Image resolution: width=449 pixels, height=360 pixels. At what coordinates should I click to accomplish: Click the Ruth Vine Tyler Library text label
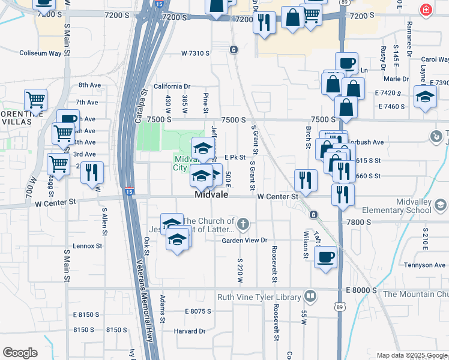click(x=259, y=296)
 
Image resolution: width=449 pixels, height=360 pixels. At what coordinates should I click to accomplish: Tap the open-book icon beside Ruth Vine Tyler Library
click(x=310, y=296)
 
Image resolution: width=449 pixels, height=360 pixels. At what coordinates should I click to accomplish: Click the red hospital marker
click(x=426, y=10)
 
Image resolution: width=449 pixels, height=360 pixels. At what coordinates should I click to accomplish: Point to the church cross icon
click(x=243, y=225)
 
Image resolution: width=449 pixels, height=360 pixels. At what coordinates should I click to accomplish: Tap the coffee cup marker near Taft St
click(x=325, y=257)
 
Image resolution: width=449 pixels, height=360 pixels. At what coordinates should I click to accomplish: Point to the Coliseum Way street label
click(x=40, y=53)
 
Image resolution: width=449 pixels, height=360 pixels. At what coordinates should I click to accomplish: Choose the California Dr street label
click(x=172, y=86)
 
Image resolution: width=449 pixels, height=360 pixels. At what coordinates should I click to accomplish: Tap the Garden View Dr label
click(x=244, y=241)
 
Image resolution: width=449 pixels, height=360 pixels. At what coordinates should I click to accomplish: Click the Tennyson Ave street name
click(x=424, y=265)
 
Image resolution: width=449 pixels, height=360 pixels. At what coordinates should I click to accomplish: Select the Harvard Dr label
click(x=190, y=331)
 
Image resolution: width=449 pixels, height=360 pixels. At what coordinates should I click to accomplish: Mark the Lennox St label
click(x=88, y=246)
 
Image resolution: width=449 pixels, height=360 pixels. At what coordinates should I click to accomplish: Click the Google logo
click(x=20, y=353)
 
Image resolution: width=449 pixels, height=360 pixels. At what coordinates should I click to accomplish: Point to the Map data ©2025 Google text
click(x=412, y=355)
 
